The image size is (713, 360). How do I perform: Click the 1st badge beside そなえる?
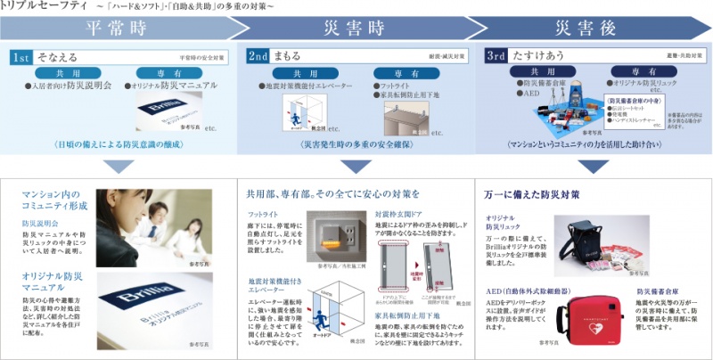[22, 56]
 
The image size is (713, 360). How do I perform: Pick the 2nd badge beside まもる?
[259, 56]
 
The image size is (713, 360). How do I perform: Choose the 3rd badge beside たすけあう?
[496, 56]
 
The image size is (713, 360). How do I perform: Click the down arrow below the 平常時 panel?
[117, 165]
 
